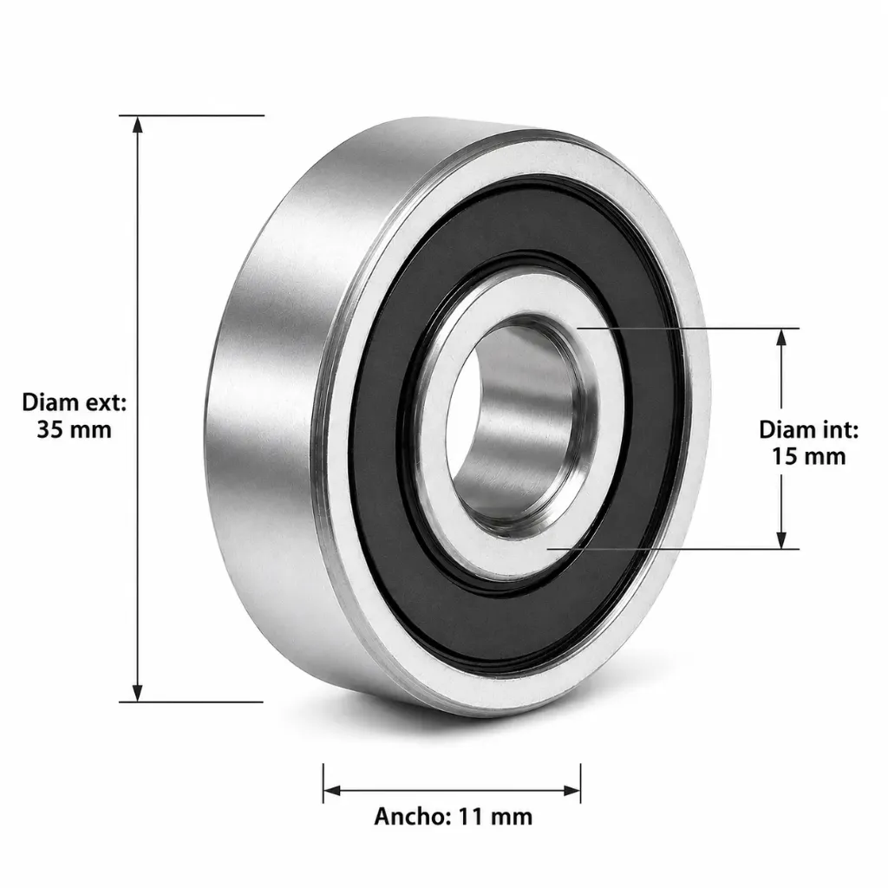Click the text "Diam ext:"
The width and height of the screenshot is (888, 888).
75,402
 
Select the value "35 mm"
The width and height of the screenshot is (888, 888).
75,430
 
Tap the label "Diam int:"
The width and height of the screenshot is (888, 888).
809,430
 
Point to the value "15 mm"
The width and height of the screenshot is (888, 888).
809,456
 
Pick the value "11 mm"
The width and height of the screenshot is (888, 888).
495,817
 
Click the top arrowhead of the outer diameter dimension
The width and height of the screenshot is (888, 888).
137,125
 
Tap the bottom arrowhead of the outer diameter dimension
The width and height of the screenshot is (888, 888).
137,693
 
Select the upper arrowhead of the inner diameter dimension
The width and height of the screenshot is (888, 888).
781,337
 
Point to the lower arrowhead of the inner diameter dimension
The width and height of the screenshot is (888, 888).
781,539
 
